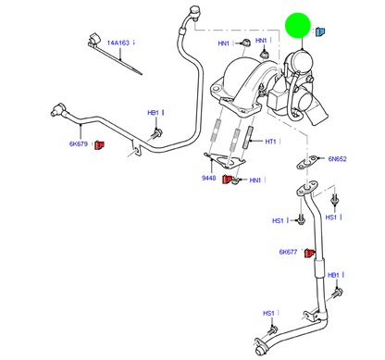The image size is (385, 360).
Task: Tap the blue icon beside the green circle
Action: [x=321, y=32]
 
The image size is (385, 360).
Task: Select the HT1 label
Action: [x=272, y=142]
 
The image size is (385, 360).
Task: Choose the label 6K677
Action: [x=290, y=252]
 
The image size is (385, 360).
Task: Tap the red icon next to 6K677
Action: [x=310, y=252]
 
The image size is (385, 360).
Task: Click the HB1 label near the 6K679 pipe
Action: [x=154, y=113]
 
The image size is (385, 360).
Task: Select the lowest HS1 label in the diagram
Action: [x=268, y=313]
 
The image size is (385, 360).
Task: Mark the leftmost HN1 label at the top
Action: [x=223, y=43]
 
